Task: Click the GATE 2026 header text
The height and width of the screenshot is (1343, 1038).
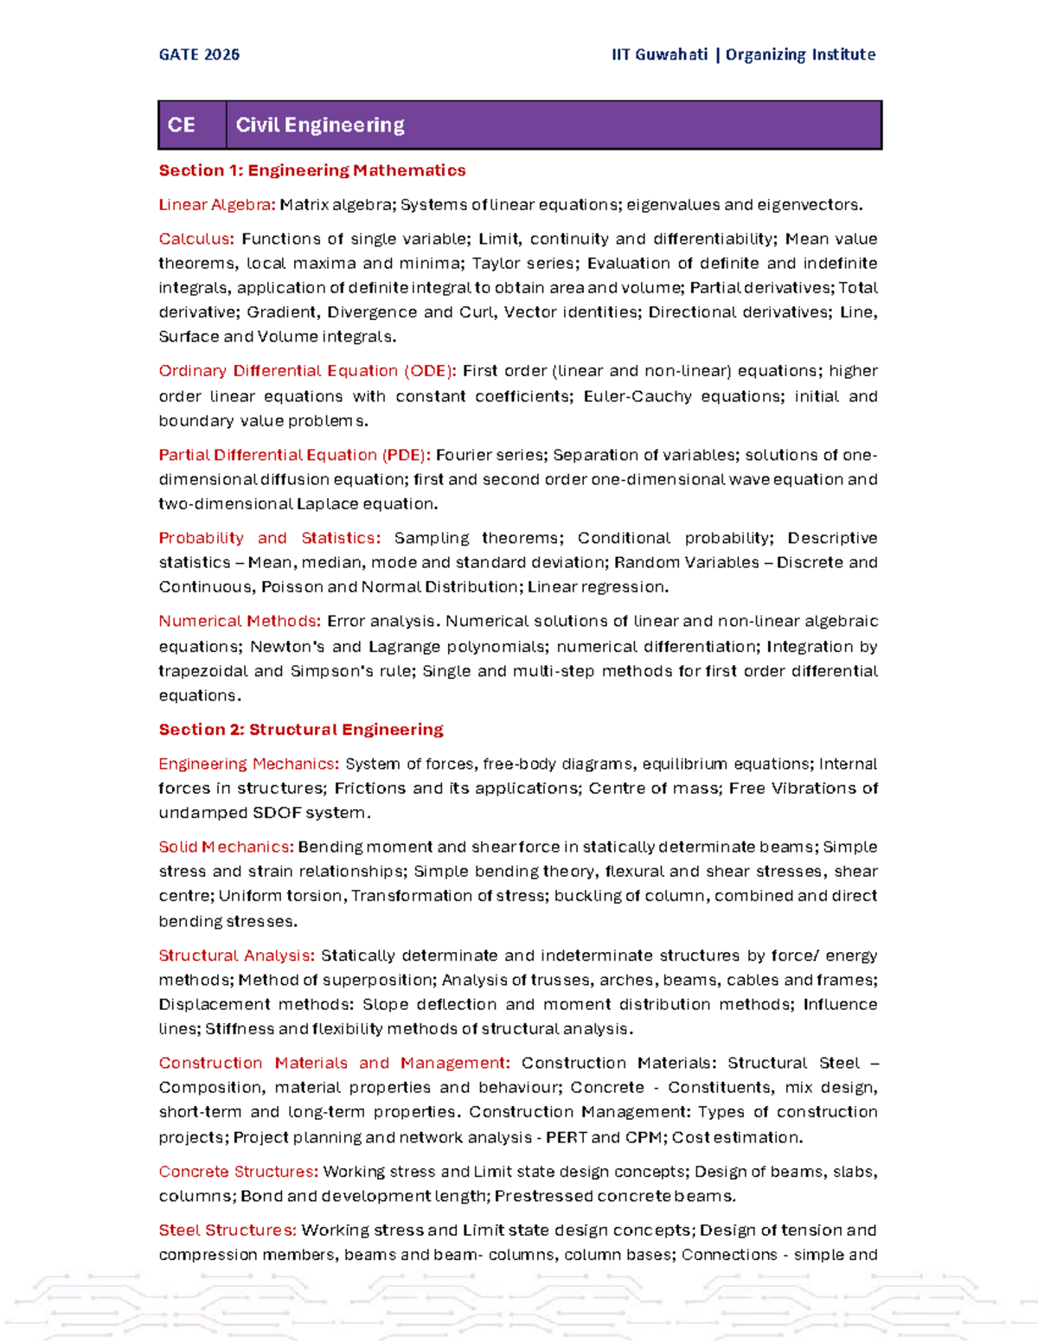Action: [x=199, y=54]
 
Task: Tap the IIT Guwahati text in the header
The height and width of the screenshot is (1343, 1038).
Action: [x=659, y=54]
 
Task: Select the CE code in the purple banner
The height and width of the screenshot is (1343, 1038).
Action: [x=181, y=125]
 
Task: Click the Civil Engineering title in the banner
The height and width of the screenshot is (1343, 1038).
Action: [x=320, y=125]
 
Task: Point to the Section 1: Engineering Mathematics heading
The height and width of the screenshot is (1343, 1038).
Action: [x=312, y=170]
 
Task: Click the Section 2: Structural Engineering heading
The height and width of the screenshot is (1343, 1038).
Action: [x=301, y=729]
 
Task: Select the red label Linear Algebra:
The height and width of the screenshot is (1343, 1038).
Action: [x=217, y=205]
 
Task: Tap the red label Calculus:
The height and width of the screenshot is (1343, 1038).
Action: [x=196, y=239]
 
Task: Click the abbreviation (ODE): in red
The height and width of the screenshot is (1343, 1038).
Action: [x=430, y=371]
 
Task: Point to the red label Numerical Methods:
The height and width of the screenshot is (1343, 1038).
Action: [x=240, y=621]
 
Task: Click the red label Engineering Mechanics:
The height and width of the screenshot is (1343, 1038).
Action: [x=249, y=764]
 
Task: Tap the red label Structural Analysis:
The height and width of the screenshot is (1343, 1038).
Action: [x=236, y=956]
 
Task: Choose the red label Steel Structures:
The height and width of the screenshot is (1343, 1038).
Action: [x=227, y=1230]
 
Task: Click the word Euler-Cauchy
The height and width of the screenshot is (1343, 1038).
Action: [x=638, y=396]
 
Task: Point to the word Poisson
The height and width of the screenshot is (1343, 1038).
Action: [x=292, y=586]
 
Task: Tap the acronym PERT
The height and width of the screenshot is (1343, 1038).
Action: [x=567, y=1137]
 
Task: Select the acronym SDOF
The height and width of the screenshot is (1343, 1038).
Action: [x=276, y=813]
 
